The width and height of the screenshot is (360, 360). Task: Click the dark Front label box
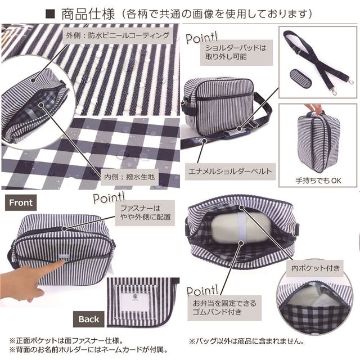pyautogui.click(x=21, y=202)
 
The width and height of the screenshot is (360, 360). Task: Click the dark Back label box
pyautogui.click(x=89, y=319)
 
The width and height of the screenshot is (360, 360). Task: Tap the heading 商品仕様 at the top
pyautogui.click(x=88, y=13)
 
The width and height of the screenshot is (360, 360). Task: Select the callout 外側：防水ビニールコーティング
pyautogui.click(x=118, y=35)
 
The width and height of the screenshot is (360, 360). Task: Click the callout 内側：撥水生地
pyautogui.click(x=129, y=177)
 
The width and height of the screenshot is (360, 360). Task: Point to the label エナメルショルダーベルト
pyautogui.click(x=230, y=172)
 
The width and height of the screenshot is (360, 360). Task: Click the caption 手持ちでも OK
pyautogui.click(x=318, y=181)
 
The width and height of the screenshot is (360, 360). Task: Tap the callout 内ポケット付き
pyautogui.click(x=315, y=268)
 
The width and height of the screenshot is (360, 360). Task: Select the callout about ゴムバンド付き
pyautogui.click(x=224, y=308)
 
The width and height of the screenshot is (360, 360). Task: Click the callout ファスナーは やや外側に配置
pyautogui.click(x=145, y=213)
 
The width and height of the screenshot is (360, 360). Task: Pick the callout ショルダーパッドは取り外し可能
pyautogui.click(x=236, y=52)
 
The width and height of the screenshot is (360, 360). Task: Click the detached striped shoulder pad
pyautogui.click(x=300, y=79)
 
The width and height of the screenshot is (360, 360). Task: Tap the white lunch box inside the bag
pyautogui.click(x=241, y=227)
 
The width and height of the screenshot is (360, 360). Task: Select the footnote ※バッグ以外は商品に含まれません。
pyautogui.click(x=247, y=341)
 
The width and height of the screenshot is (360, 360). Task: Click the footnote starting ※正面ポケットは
pyautogui.click(x=66, y=340)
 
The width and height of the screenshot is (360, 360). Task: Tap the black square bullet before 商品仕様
pyautogui.click(x=50, y=14)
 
